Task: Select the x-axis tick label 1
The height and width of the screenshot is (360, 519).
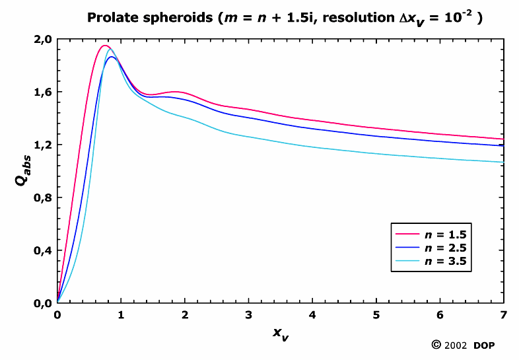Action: pyautogui.click(x=121, y=315)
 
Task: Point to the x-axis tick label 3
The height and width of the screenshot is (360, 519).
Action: pyautogui.click(x=249, y=315)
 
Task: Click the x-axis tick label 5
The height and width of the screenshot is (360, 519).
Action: pyautogui.click(x=376, y=315)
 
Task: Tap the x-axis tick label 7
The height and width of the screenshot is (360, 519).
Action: pyautogui.click(x=503, y=315)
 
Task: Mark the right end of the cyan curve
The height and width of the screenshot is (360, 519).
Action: pyautogui.click(x=503, y=162)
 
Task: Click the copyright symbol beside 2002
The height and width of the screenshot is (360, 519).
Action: pyautogui.click(x=436, y=345)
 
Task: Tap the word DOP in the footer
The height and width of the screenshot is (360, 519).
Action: pyautogui.click(x=484, y=345)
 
